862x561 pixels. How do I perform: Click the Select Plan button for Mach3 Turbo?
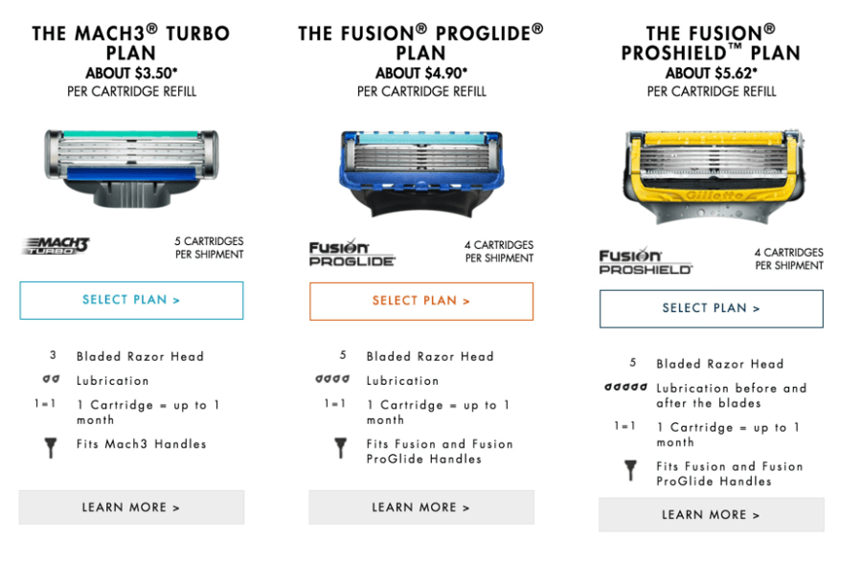[x=131, y=300]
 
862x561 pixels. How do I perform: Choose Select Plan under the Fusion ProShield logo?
[x=712, y=308]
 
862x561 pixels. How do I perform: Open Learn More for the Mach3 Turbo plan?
[x=131, y=507]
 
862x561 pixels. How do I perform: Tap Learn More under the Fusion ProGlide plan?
[x=421, y=507]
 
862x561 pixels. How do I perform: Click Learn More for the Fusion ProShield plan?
[x=712, y=515]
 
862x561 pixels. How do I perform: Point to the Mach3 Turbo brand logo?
[x=56, y=246]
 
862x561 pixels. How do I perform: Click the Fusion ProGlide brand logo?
[x=352, y=254]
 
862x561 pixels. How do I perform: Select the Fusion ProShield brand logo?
[x=646, y=261]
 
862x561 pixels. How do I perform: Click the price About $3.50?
[x=131, y=73]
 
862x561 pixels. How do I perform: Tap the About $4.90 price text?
[x=421, y=73]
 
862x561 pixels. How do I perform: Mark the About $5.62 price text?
[x=712, y=73]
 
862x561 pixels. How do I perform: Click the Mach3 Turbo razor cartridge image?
[x=131, y=168]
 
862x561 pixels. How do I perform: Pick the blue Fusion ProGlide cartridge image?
[x=421, y=173]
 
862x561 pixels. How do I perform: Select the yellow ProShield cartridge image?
[x=713, y=176]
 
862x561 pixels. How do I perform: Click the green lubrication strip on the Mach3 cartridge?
[x=131, y=134]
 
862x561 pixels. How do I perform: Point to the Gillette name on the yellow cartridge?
[x=714, y=195]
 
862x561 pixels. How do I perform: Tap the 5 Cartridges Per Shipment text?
[x=209, y=248]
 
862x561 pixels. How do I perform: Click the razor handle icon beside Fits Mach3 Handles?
[x=51, y=448]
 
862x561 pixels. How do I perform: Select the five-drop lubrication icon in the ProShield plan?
[x=625, y=388]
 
